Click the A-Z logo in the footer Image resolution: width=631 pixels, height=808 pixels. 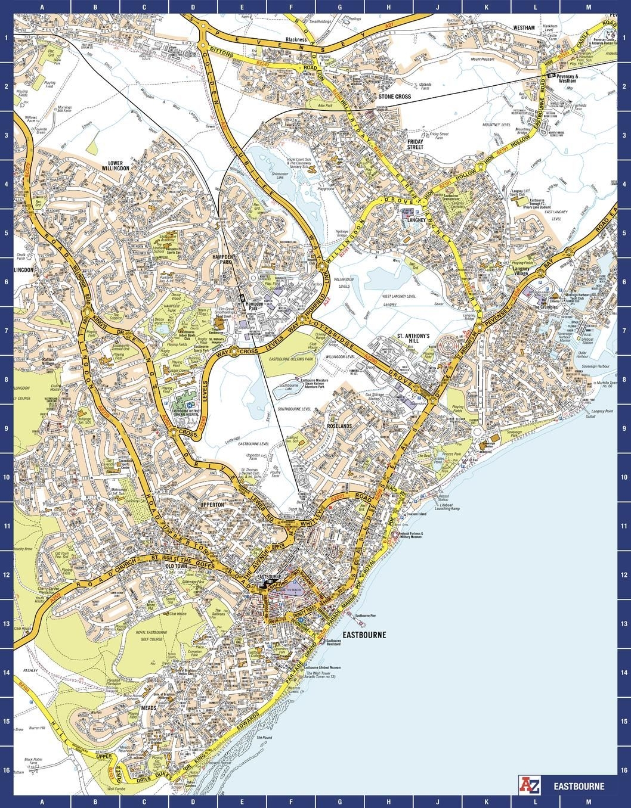tap(531, 785)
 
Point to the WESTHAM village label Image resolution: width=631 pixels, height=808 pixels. tap(524, 27)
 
